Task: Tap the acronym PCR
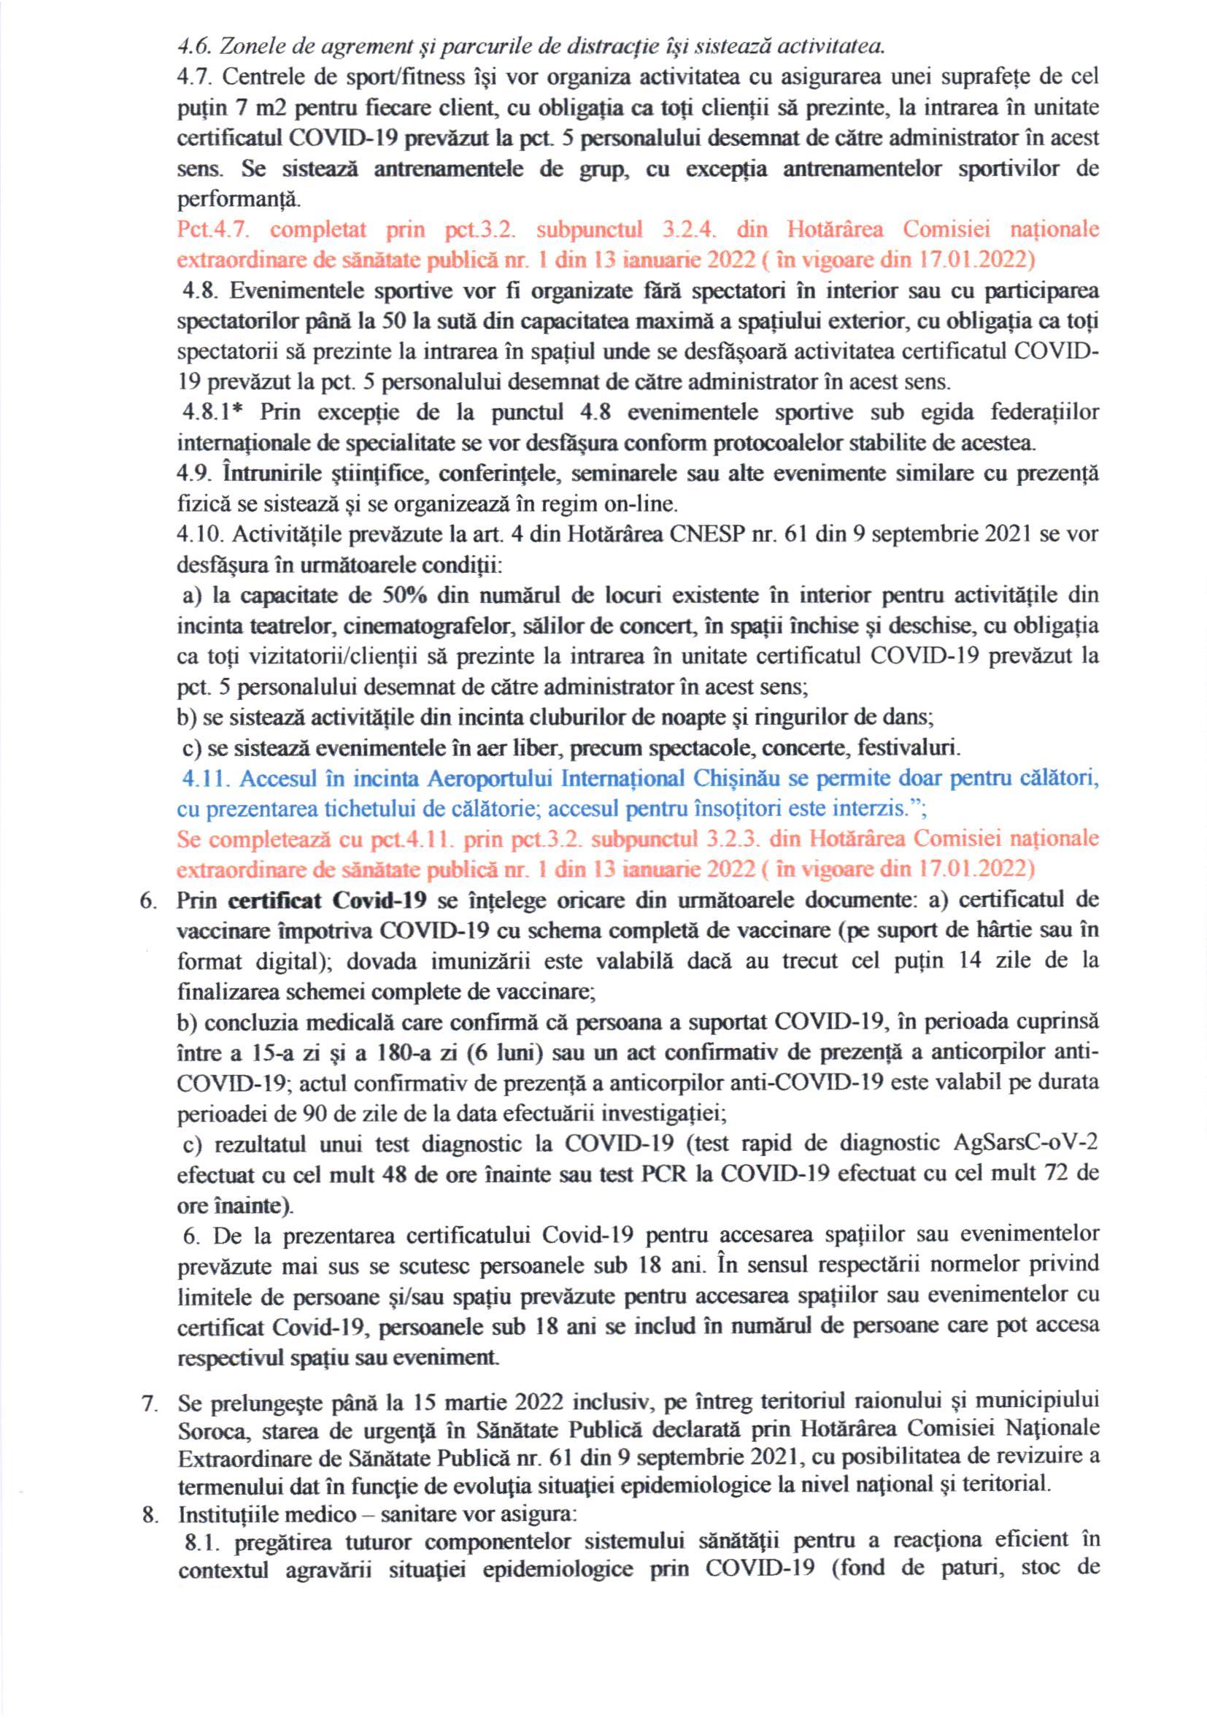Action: point(664,1174)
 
